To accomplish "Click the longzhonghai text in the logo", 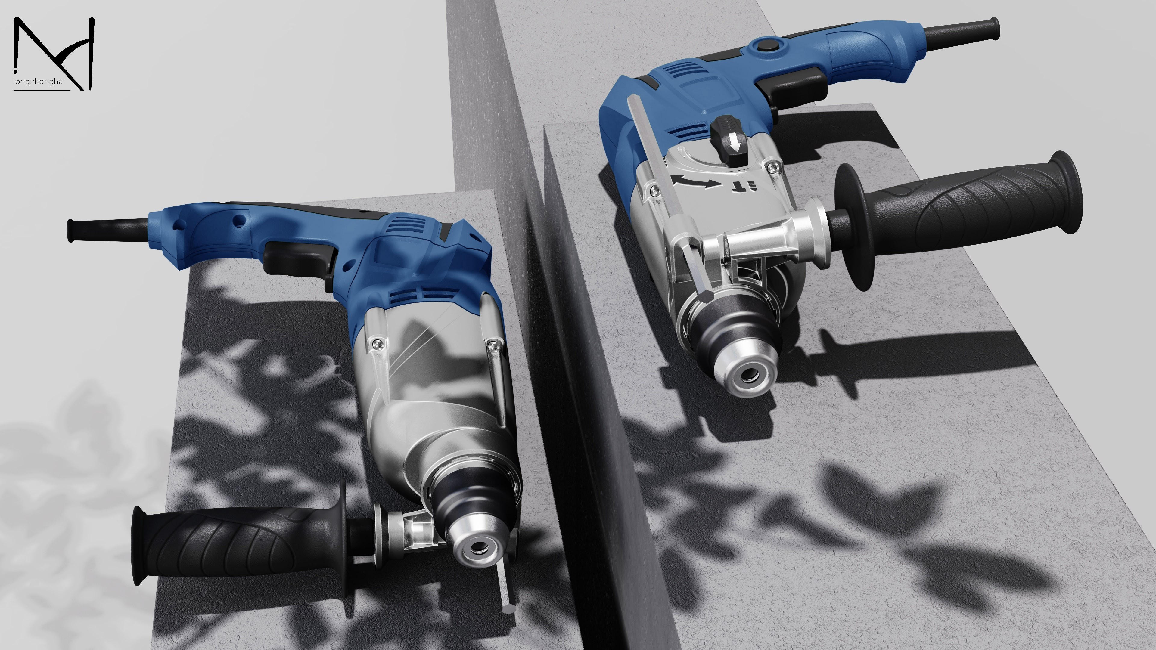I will click(39, 82).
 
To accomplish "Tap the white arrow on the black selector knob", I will click(735, 143).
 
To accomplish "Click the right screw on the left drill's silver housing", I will click(492, 345).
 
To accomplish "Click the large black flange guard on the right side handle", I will click(855, 227).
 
